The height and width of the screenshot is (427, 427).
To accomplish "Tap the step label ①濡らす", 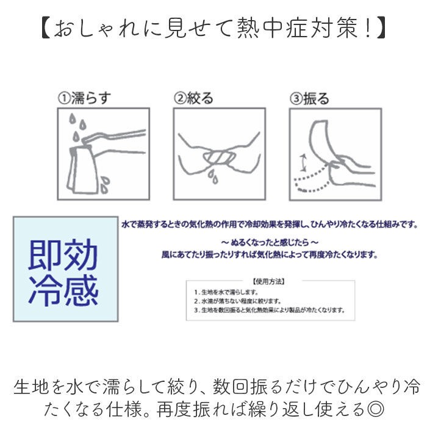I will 85,98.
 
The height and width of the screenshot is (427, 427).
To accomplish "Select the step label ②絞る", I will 193,98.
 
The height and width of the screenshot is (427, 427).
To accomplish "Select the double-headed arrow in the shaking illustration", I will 301,162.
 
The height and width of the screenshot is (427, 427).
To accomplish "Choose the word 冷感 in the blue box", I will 63,292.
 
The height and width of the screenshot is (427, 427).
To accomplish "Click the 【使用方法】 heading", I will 269,282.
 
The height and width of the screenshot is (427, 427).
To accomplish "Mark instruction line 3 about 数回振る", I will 268,309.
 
